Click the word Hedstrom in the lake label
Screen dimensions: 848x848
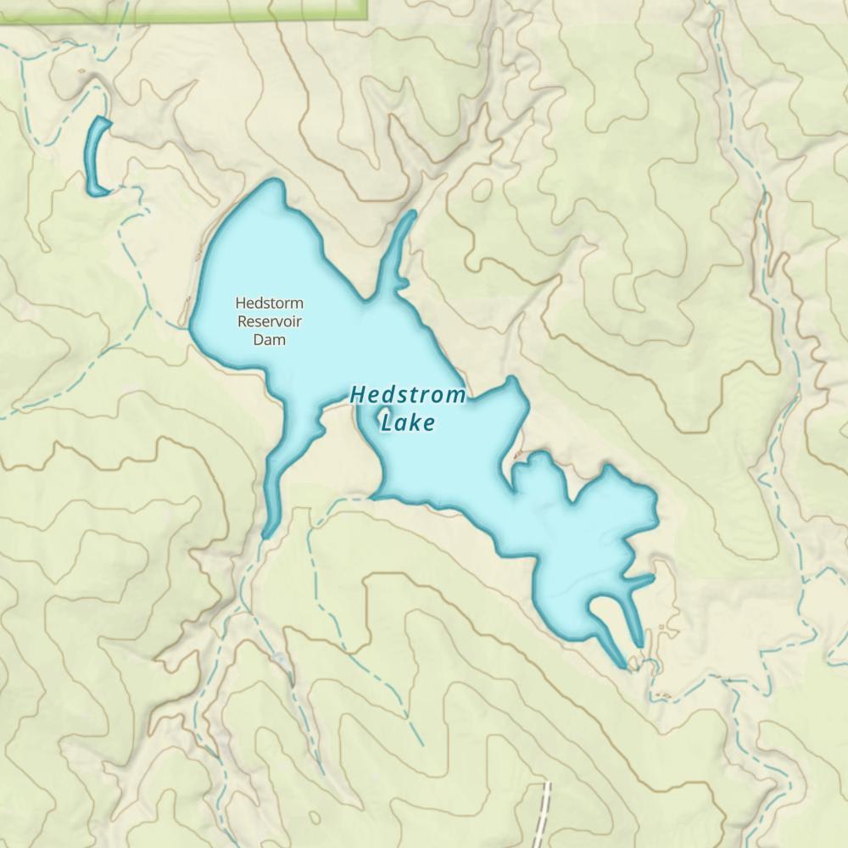coord(408,395)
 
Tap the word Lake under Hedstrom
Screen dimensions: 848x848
coord(408,422)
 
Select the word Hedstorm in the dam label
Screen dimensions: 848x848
coord(269,303)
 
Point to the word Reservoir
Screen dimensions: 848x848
coord(269,321)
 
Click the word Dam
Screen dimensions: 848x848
coord(269,339)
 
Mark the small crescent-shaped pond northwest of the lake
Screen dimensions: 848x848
coord(96,158)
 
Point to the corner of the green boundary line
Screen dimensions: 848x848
coord(367,15)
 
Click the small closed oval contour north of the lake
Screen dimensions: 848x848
coord(481,191)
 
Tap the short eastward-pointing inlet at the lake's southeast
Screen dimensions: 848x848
coord(642,581)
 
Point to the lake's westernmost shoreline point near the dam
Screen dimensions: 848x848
coord(191,326)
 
